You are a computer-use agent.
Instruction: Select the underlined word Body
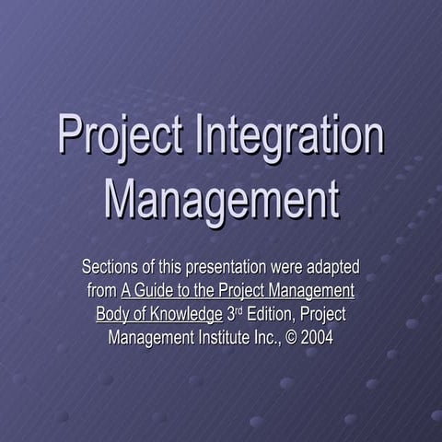(x=113, y=314)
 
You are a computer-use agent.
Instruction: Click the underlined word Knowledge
(x=184, y=314)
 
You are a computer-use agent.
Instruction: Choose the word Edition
(x=273, y=314)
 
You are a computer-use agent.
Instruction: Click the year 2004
(x=318, y=337)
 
